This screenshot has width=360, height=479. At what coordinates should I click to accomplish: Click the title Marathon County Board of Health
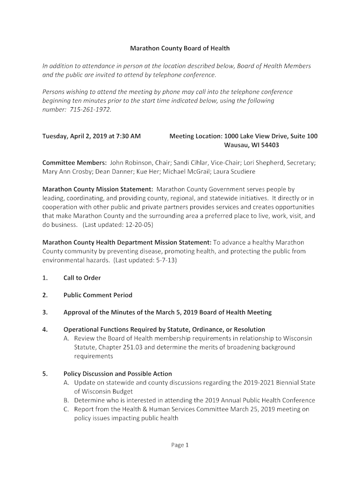(180, 48)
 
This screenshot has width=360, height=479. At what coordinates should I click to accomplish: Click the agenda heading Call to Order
(82, 278)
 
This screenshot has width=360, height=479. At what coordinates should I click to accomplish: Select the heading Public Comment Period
(98, 295)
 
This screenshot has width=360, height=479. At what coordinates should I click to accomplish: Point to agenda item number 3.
(45, 312)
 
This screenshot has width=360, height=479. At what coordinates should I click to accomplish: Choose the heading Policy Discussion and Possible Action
(117, 374)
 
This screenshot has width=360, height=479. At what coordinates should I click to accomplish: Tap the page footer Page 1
(180, 445)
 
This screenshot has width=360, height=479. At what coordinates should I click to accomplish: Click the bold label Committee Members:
(74, 163)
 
